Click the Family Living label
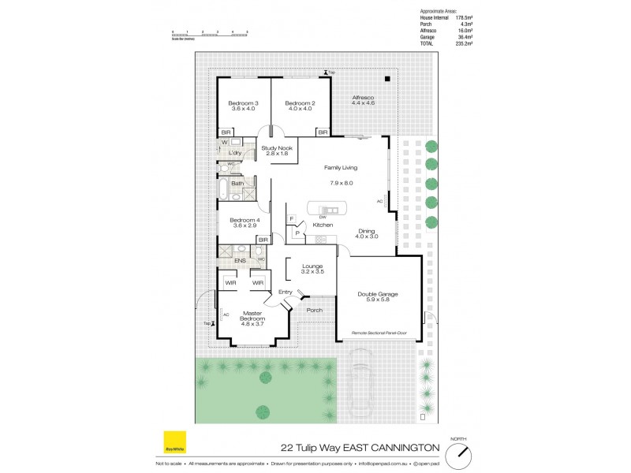point(341,167)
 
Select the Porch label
point(314,310)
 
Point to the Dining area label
point(367,233)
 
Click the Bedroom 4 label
point(245,222)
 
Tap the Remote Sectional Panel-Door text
point(384,333)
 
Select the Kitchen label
point(323,225)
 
